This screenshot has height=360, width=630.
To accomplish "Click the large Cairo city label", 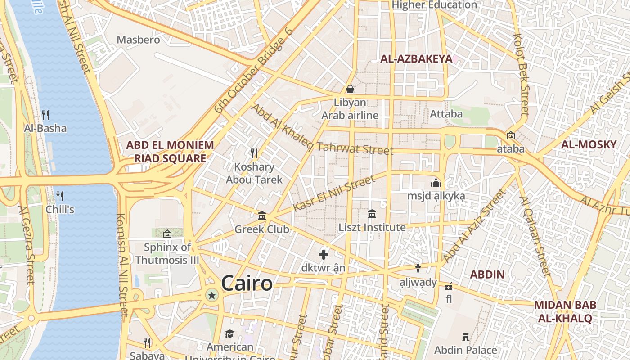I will point(247,283).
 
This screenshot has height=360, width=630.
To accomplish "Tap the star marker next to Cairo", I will point(212,295).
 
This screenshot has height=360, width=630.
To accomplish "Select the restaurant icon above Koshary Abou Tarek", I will point(254,153).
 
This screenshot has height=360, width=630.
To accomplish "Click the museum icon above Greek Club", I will point(262,216).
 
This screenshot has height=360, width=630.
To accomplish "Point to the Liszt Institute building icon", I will point(372,214).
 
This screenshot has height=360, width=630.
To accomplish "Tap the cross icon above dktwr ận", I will point(324,255).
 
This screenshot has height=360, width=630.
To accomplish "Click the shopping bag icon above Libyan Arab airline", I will point(350,89).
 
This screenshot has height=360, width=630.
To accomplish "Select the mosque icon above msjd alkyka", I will point(436,183).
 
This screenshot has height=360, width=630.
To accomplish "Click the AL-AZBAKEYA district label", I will point(416,59).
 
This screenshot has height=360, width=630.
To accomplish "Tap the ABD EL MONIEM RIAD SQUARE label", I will point(170,152).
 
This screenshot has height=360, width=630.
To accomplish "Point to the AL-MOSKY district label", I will point(589,144).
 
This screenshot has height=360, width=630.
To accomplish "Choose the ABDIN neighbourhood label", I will point(487,274).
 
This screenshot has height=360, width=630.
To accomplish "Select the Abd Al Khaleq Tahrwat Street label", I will point(322,130).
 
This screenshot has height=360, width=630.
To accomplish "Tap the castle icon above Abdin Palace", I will point(466,337).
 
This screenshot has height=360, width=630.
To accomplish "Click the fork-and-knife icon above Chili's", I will point(59,196).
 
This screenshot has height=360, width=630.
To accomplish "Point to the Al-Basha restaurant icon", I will point(45,115).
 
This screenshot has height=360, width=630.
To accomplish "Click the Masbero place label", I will point(138,40).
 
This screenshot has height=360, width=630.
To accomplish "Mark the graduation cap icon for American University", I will point(230,333).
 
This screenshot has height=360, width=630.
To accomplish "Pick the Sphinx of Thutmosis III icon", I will point(167,234).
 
